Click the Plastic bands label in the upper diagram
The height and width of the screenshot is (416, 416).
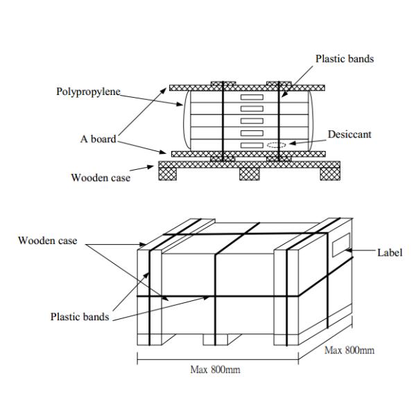pyautogui.click(x=344, y=59)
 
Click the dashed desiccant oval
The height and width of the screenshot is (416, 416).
pyautogui.click(x=275, y=146)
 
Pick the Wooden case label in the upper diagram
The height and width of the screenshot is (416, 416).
pyautogui.click(x=101, y=177)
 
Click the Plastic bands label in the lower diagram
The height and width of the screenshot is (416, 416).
pyautogui.click(x=79, y=317)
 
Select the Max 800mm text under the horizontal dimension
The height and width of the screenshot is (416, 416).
pyautogui.click(x=215, y=370)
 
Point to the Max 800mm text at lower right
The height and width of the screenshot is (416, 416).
pyautogui.click(x=349, y=350)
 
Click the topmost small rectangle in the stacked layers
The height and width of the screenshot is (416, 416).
pyautogui.click(x=252, y=98)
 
